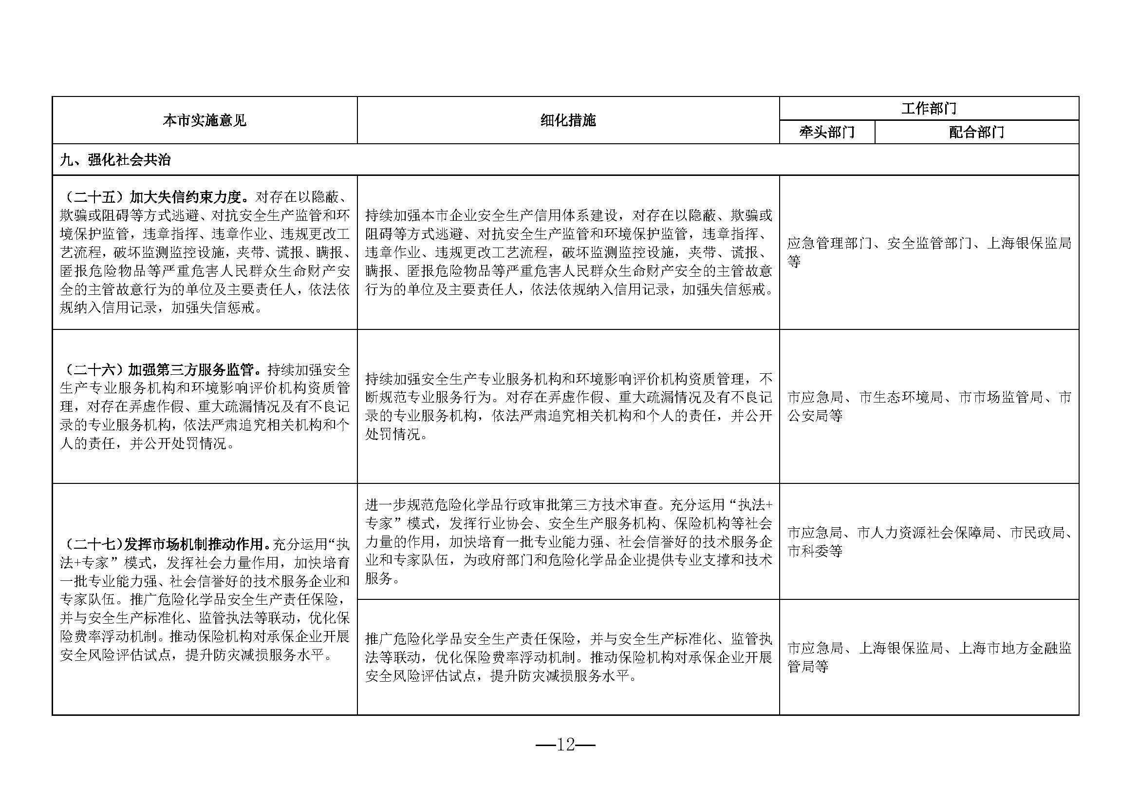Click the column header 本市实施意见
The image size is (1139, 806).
pyautogui.click(x=205, y=120)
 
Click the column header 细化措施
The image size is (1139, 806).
pyautogui.click(x=568, y=120)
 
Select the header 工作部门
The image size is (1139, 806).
pyautogui.click(x=928, y=108)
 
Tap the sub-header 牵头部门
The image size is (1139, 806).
pyautogui.click(x=826, y=133)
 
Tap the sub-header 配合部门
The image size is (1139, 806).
pyautogui.click(x=976, y=133)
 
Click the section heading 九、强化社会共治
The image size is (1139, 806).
pyautogui.click(x=115, y=160)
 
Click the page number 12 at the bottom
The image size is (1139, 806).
pyautogui.click(x=565, y=745)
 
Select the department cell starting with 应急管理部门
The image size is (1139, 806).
pyautogui.click(x=929, y=252)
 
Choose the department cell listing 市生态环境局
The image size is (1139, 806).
pyautogui.click(x=929, y=406)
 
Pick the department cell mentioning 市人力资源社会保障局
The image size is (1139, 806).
pyautogui.click(x=929, y=541)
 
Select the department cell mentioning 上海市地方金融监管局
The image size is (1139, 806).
pyautogui.click(x=929, y=657)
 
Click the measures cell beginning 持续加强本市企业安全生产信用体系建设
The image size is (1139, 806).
pyautogui.click(x=568, y=252)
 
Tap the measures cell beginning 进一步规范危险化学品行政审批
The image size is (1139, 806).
pyautogui.click(x=568, y=541)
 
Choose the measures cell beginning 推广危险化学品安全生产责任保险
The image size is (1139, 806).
pyautogui.click(x=568, y=657)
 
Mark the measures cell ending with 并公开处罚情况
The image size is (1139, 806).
pyautogui.click(x=568, y=406)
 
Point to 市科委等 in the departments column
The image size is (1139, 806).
pyautogui.click(x=815, y=551)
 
